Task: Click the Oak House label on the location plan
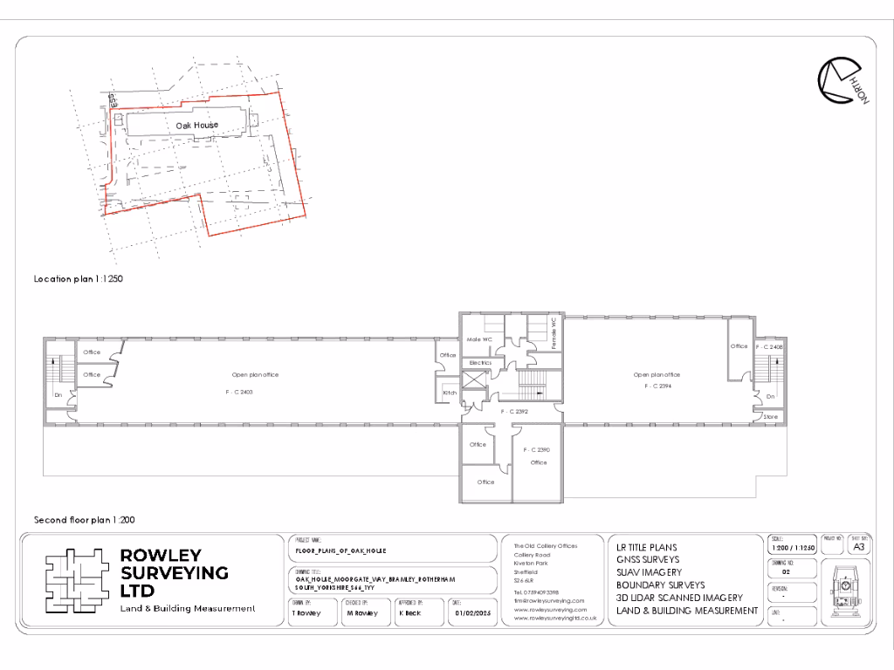coord(197,125)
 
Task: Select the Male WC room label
coord(480,338)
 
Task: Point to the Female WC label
coord(554,333)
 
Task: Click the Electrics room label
coord(481,362)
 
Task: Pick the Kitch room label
coord(450,393)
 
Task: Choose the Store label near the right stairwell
coord(770,417)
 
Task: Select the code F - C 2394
coord(657,385)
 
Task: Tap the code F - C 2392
coord(515,411)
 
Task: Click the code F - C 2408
coord(769,347)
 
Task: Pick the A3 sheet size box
coord(859,547)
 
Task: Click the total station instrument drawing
coord(847,589)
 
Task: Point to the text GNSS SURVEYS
coord(648,559)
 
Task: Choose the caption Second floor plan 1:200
coord(84,519)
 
